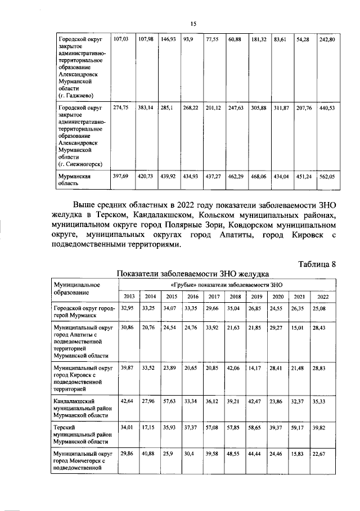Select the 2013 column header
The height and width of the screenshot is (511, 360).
[129, 297]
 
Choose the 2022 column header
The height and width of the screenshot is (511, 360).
[323, 297]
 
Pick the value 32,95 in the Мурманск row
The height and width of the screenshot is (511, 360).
[128, 309]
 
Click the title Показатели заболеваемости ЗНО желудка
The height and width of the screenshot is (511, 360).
[192, 274]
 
